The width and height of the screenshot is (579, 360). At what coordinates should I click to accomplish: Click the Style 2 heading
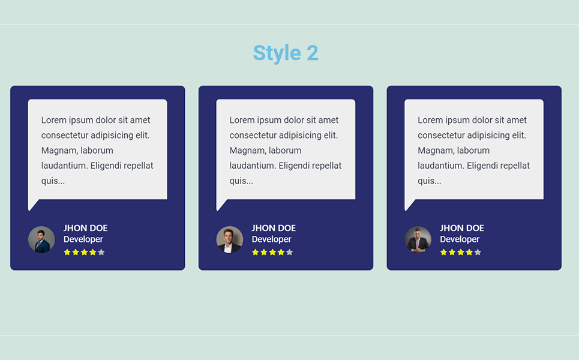(286, 53)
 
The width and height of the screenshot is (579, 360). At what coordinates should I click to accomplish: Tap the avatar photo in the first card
(41, 239)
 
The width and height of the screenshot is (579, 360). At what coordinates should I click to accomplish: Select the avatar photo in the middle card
(230, 239)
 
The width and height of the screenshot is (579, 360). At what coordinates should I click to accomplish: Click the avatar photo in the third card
(418, 239)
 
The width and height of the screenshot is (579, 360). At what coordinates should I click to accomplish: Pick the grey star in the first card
(101, 252)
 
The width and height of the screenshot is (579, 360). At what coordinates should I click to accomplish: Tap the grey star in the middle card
(289, 252)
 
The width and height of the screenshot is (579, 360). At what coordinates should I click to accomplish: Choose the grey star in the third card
(478, 252)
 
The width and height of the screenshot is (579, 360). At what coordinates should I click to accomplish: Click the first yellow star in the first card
(67, 252)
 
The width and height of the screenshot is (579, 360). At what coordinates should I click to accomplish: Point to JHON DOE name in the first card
(86, 228)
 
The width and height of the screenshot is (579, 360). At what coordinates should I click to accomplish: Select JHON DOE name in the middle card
(274, 228)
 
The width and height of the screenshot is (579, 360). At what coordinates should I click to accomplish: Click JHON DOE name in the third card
(462, 228)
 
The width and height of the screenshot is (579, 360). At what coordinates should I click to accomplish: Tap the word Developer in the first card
(83, 239)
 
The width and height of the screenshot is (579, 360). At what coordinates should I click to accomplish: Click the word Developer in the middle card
(272, 239)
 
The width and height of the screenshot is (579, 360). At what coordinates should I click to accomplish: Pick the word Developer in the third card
(460, 239)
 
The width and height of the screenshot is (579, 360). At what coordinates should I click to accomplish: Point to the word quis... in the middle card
(241, 181)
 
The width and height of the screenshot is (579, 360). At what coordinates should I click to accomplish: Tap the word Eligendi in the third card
(482, 166)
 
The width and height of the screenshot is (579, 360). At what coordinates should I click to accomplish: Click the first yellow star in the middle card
(256, 252)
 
